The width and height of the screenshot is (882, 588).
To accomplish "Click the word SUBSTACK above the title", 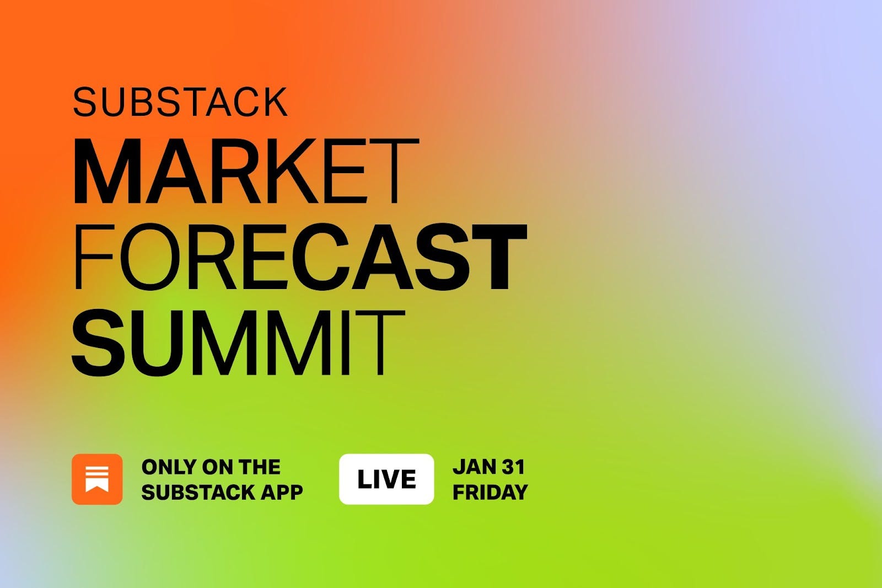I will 180,102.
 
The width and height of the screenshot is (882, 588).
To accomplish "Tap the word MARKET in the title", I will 246,172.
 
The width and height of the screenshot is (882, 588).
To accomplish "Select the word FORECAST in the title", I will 299,257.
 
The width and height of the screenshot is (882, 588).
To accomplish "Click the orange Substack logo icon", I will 97,479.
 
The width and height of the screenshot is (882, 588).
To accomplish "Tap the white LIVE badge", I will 386,479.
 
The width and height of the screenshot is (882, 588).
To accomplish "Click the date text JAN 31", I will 488,467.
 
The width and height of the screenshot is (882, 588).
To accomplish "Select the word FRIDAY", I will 490,492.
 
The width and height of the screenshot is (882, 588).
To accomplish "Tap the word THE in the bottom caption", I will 260,467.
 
